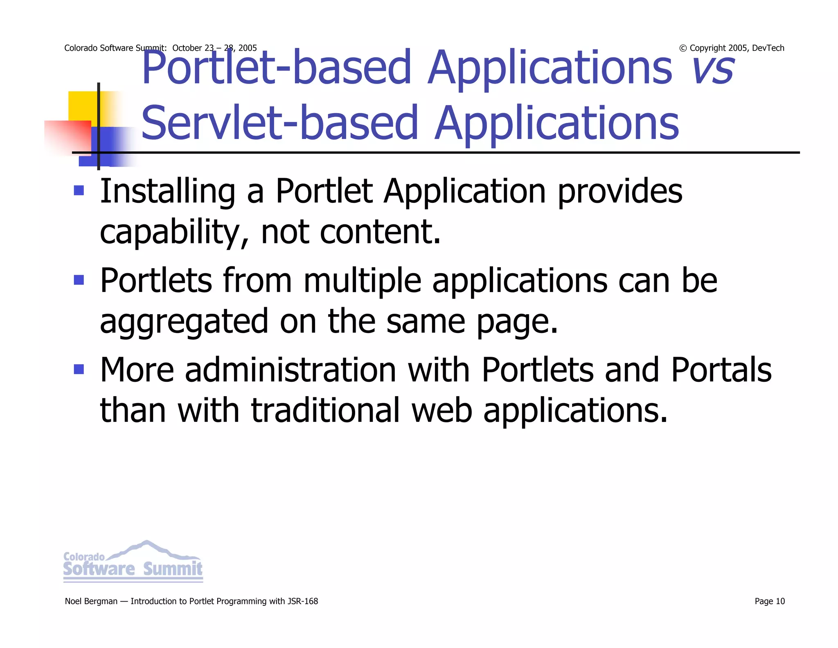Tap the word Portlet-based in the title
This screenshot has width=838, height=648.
coord(276,68)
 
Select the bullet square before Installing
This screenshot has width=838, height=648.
coord(79,190)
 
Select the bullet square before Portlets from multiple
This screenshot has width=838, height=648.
coord(79,280)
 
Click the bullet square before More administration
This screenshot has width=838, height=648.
coord(79,369)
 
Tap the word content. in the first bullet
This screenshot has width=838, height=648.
coord(380,231)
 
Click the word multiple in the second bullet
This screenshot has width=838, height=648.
coord(362,281)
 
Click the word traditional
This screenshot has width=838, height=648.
coord(325,410)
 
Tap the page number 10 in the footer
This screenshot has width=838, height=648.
coord(780,601)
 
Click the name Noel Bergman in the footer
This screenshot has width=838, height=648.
coord(91,601)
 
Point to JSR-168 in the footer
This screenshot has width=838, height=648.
coord(303,601)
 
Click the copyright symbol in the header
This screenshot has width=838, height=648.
coord(683,48)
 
